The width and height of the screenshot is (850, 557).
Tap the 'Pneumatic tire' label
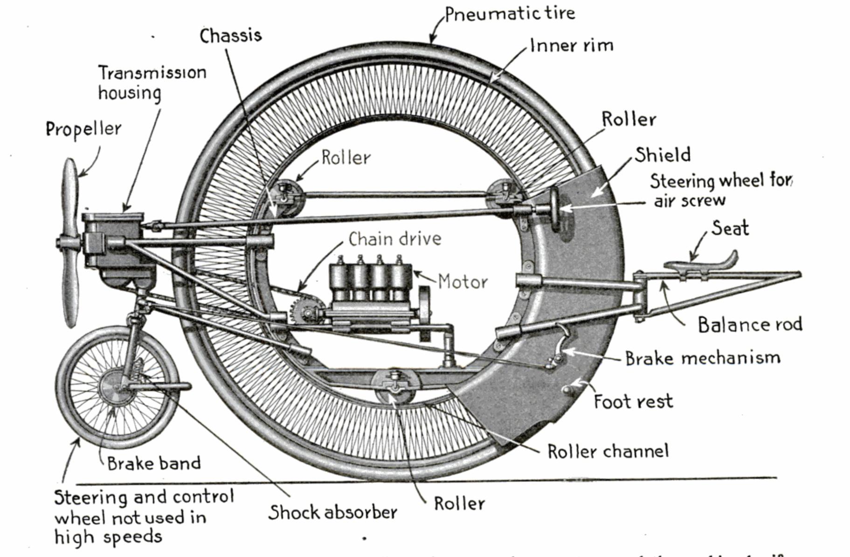click(510, 14)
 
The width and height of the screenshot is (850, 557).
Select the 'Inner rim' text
click(572, 46)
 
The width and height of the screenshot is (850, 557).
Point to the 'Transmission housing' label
click(152, 83)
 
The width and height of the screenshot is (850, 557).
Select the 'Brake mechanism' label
click(702, 358)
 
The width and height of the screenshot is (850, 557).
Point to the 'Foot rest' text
click(633, 401)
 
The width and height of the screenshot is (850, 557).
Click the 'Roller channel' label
click(608, 451)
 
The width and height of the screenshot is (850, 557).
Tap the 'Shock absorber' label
click(332, 512)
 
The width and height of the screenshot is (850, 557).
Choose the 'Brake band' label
click(154, 463)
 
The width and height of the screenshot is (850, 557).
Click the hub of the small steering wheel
click(112, 387)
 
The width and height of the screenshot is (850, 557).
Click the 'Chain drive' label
click(394, 239)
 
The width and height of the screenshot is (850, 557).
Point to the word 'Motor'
click(463, 282)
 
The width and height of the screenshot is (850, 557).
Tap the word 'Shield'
click(663, 155)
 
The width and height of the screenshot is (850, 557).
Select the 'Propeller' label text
click(83, 129)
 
